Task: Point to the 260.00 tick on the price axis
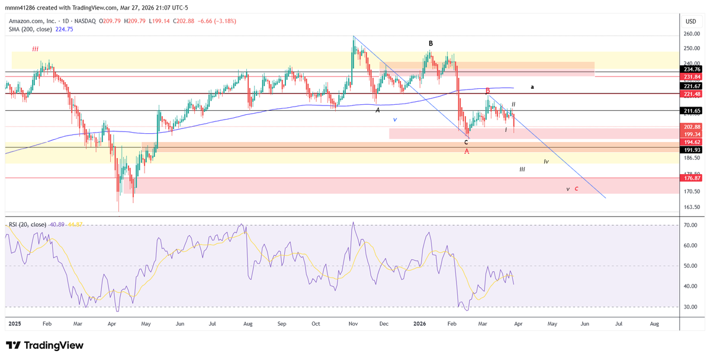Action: [692, 34]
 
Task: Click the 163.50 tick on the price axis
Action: [692, 207]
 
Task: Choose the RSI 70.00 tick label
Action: [690, 226]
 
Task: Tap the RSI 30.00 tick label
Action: [690, 307]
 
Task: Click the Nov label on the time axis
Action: [354, 324]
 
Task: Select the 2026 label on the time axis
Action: [419, 324]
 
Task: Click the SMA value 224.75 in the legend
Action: [64, 29]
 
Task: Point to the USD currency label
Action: [690, 21]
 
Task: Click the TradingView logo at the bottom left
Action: [44, 345]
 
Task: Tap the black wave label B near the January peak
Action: [431, 43]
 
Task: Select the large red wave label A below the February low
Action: [467, 152]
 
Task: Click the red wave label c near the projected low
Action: [576, 189]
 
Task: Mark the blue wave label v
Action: [395, 119]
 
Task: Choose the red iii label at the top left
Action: [36, 49]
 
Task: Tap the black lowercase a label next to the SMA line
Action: [532, 87]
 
